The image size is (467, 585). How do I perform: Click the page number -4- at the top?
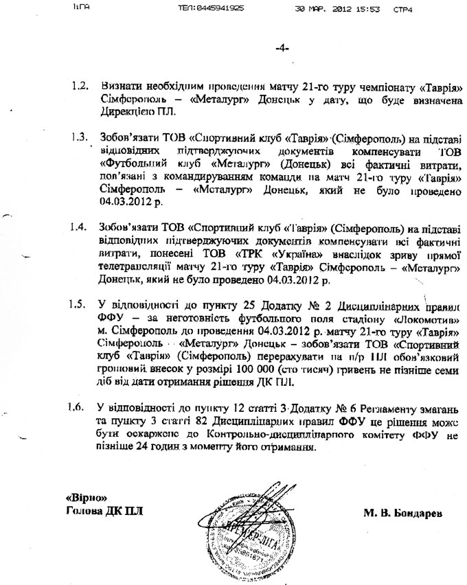pos(282,48)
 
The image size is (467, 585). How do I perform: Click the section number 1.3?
pos(80,137)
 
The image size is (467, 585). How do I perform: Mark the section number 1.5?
pos(80,303)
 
